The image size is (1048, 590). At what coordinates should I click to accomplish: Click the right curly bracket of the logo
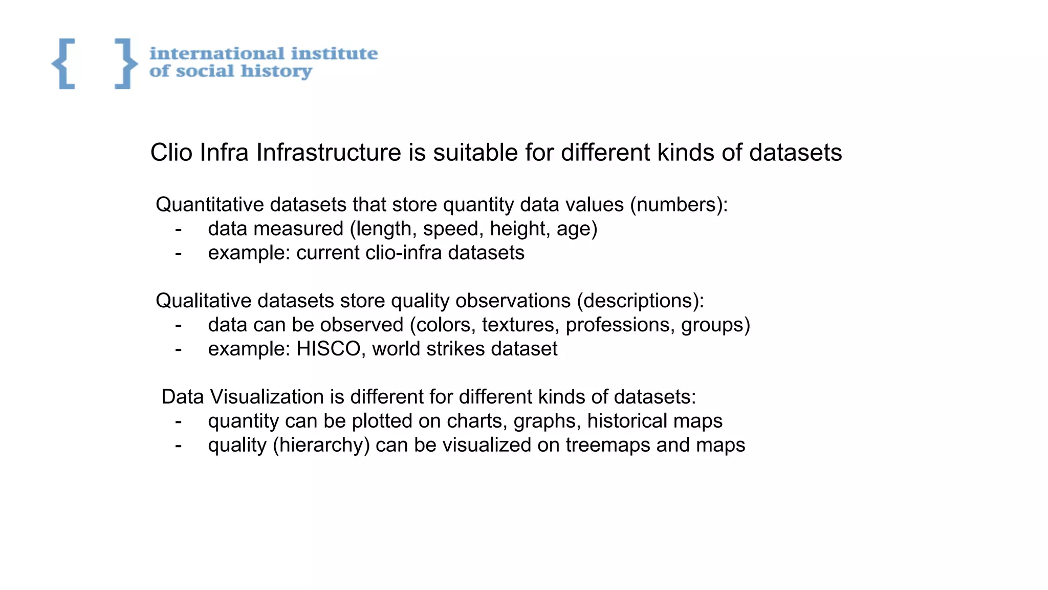[x=125, y=64]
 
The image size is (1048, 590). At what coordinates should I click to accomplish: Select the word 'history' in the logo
[x=276, y=71]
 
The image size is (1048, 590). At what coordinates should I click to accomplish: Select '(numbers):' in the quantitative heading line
[x=679, y=205]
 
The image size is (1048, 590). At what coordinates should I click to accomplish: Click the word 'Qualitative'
[x=203, y=301]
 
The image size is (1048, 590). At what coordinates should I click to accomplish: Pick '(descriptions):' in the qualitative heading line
[x=640, y=301]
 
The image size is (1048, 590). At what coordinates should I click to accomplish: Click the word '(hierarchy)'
[x=321, y=445]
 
